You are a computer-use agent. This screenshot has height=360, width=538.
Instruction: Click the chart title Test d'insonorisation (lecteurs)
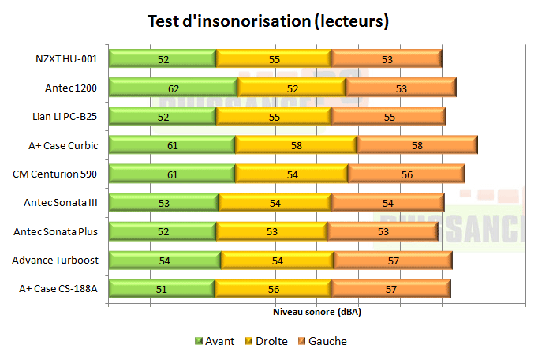tap(268, 21)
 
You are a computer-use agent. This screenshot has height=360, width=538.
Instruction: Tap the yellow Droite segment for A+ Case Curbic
tap(296, 145)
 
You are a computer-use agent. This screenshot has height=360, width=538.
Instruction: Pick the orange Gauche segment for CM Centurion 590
tap(405, 174)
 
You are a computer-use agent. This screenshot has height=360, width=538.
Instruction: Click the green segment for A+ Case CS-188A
tap(162, 289)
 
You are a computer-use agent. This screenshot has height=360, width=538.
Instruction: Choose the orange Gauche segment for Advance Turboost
tap(392, 260)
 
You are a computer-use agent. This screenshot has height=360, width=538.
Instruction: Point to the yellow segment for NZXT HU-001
tap(274, 58)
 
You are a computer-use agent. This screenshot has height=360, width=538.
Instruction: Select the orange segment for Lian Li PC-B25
tap(389, 116)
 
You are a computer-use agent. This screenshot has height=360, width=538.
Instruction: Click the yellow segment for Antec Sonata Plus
tap(271, 231)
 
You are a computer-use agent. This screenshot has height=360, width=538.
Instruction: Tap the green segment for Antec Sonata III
tap(163, 203)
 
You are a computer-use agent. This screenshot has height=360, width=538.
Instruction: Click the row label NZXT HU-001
tap(66, 58)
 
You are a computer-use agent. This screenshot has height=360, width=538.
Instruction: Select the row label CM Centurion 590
tap(55, 174)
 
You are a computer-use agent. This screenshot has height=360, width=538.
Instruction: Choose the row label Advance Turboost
tap(54, 260)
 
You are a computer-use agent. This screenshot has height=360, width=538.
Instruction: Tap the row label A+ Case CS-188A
tap(58, 289)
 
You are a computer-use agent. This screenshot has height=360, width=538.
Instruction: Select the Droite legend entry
tap(265, 341)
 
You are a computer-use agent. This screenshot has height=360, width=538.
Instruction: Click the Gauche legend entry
tap(322, 341)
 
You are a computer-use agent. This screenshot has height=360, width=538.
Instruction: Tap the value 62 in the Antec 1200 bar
tap(173, 88)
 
